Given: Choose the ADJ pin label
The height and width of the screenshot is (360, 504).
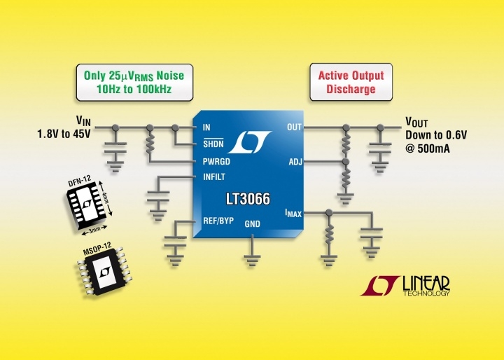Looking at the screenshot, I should click(x=295, y=162).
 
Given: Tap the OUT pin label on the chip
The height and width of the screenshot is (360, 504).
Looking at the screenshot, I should click(x=294, y=127).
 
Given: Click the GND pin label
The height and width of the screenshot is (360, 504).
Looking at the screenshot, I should click(x=252, y=224).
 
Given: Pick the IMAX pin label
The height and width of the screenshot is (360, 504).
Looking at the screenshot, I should click(x=293, y=212).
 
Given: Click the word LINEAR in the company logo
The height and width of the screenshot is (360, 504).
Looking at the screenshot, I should click(x=426, y=282).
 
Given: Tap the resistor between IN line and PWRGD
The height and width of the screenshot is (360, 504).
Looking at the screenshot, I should click(x=148, y=144).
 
